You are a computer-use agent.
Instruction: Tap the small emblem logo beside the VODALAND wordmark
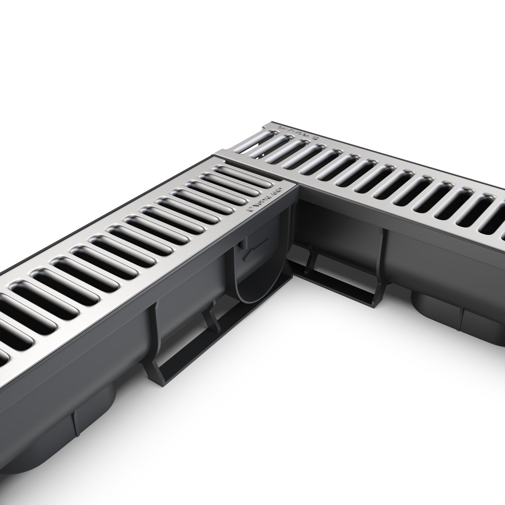pos(250,209)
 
